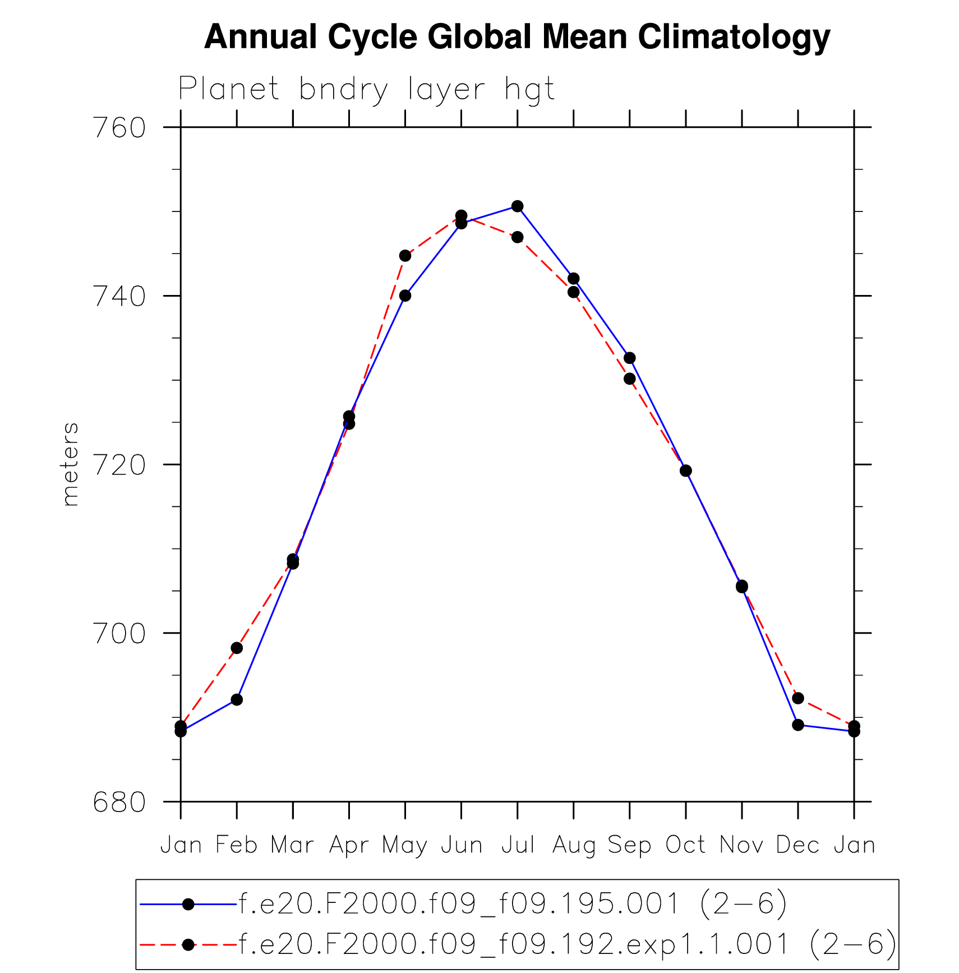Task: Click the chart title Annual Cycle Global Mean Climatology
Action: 517,37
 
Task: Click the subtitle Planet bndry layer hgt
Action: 366,89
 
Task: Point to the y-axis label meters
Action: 70,464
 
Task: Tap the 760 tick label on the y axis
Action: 119,128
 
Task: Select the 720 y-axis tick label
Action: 119,465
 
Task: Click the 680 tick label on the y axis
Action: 119,803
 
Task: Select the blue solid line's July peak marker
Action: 517,206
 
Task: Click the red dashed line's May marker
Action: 405,256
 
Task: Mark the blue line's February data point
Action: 237,699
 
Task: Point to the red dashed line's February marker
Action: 237,648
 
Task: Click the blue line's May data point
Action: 405,296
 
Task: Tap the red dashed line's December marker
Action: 798,698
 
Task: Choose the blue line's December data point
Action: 798,725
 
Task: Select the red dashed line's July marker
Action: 517,237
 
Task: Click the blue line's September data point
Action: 629,358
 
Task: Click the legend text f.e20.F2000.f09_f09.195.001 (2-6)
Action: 513,905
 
